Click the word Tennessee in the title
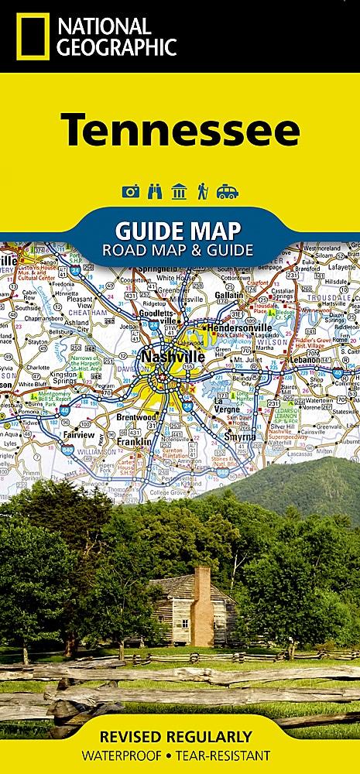click(180, 129)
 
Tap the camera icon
click(131, 191)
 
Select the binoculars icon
click(155, 191)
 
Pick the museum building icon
click(180, 191)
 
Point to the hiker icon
click(203, 191)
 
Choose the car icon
click(228, 191)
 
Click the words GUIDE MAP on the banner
click(178, 231)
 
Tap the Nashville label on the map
click(172, 358)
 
